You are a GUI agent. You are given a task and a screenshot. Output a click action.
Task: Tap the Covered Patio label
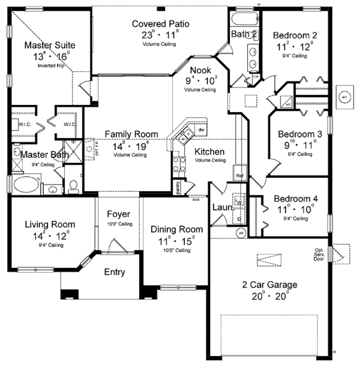(x=160, y=24)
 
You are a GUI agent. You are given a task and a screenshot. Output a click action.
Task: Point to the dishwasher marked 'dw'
(x=202, y=129)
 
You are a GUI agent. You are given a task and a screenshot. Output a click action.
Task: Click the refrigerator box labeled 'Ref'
(x=239, y=176)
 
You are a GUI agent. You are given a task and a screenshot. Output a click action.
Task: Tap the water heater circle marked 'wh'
(x=241, y=233)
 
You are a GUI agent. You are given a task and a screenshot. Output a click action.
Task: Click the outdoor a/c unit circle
(x=344, y=96)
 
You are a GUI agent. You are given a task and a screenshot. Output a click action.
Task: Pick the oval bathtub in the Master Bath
(x=25, y=183)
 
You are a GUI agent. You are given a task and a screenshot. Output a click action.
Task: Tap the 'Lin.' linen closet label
(x=256, y=77)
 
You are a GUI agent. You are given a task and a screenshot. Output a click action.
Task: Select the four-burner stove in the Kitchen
(x=178, y=164)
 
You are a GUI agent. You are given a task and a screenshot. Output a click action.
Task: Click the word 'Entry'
(x=115, y=272)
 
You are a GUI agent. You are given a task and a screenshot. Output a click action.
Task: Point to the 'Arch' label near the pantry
(x=196, y=200)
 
